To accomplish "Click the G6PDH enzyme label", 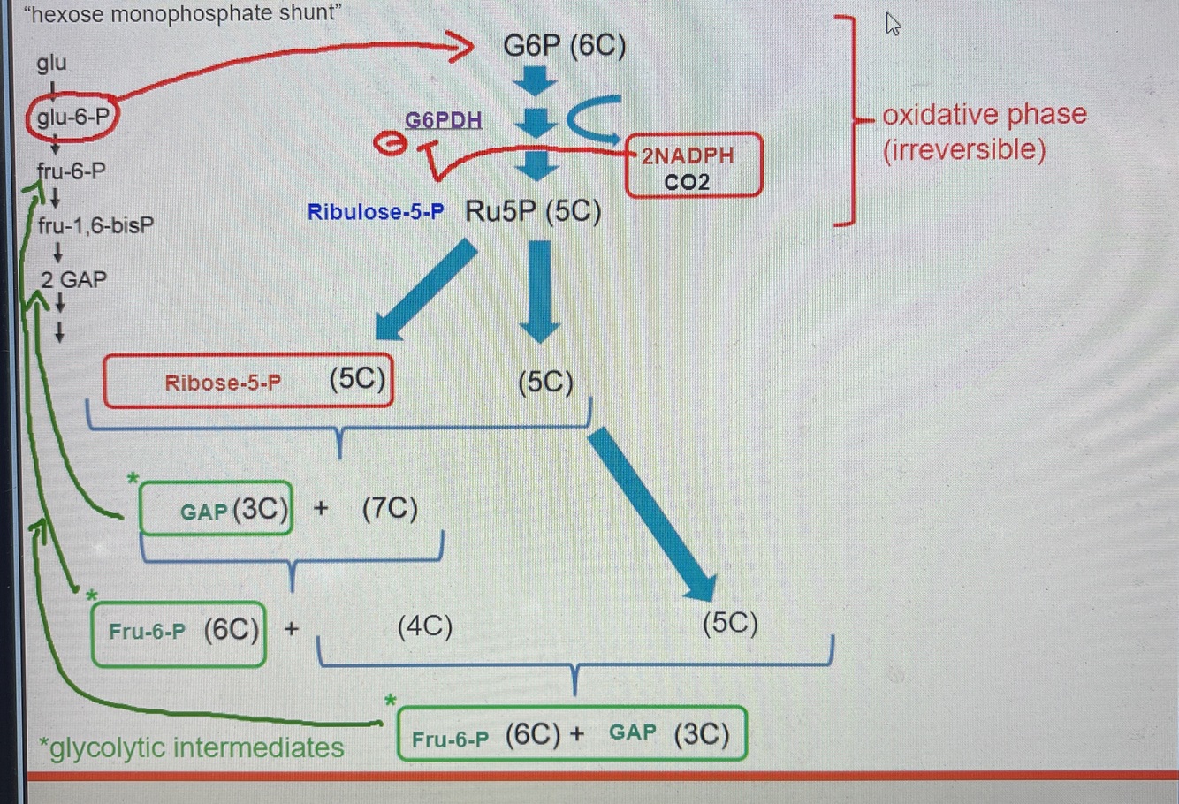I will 443,120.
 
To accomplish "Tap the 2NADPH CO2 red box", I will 692,166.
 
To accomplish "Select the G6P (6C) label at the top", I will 564,45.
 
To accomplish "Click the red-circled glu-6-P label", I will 72,117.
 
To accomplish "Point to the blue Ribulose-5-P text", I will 376,212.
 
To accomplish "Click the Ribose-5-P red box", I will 247,382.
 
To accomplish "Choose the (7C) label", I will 390,508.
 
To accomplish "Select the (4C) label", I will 425,626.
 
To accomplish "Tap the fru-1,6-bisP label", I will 95,226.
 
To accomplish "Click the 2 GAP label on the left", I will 73,280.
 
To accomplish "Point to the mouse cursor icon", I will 893,25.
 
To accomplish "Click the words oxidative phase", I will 984,115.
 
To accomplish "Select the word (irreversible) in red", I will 964,149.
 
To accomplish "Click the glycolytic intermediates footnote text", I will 192,747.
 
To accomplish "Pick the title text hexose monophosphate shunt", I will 183,13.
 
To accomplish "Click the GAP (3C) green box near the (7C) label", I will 217,509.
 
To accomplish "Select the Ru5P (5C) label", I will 533,212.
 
